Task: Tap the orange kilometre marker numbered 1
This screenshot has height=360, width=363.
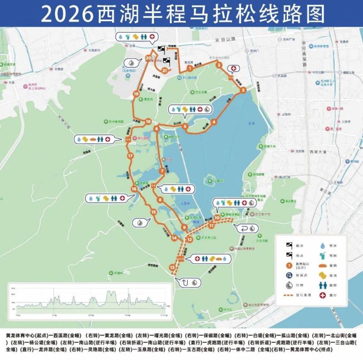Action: click(189, 68)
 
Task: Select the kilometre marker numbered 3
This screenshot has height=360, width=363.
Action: click(244, 90)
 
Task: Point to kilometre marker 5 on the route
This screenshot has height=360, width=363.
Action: click(185, 126)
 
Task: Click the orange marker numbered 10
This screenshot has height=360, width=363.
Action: click(217, 217)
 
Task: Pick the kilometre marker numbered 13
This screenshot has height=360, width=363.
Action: click(172, 268)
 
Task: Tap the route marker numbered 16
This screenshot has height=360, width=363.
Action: click(133, 189)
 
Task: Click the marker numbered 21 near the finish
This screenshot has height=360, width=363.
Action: click(164, 71)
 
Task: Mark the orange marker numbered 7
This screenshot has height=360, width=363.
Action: click(162, 171)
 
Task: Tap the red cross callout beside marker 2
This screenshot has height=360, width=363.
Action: click(234, 69)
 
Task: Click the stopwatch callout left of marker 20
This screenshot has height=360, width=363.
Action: click(130, 62)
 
